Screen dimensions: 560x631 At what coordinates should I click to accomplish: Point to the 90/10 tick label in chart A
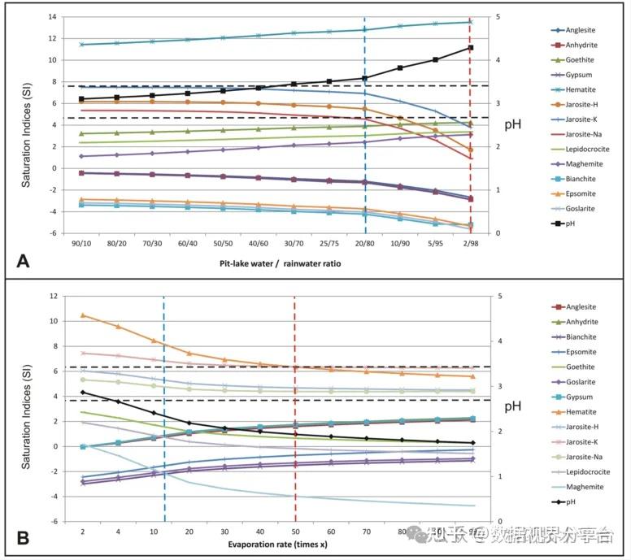(x=81, y=243)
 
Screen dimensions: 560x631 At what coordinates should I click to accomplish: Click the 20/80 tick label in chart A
(x=364, y=243)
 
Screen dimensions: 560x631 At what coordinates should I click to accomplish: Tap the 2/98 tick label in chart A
(x=470, y=243)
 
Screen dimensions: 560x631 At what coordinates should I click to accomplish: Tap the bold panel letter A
(x=24, y=261)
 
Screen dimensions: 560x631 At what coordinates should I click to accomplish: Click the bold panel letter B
(x=24, y=538)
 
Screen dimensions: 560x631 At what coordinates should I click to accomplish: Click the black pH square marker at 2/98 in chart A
(x=470, y=48)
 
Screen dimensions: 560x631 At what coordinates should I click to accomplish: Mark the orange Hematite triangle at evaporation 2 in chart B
(x=83, y=315)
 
